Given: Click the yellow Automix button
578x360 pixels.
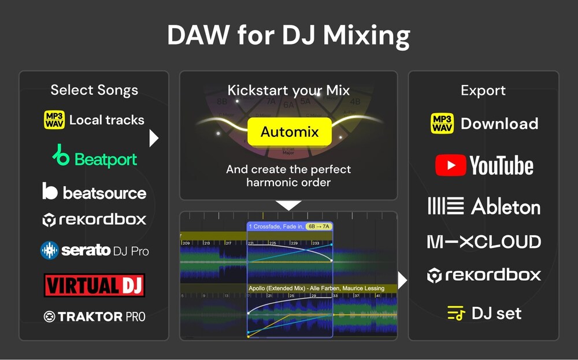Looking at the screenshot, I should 289,132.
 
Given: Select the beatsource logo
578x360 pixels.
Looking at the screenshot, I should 94,192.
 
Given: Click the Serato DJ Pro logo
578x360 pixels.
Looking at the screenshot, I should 94,250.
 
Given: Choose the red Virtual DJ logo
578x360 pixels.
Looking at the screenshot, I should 94,285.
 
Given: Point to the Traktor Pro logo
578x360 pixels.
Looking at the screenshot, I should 94,317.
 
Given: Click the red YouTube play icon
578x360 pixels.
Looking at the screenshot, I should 450,166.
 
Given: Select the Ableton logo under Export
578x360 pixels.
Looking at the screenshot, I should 484,206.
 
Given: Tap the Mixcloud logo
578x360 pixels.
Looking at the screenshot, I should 484,242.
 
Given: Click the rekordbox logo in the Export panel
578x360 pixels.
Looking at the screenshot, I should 484,276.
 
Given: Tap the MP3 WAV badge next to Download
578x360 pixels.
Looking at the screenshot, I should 443,124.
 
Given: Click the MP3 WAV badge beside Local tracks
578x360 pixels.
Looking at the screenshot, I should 54,120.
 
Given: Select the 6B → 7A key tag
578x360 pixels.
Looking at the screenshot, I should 318,227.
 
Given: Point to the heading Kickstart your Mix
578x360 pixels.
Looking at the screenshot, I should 288,90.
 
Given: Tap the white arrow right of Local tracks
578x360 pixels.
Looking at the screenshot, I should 154,138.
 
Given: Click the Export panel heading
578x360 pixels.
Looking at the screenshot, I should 483,91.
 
